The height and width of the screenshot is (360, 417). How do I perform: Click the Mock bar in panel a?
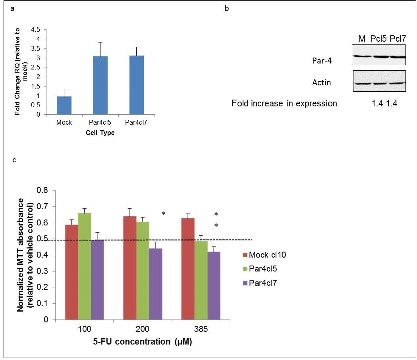click(64, 105)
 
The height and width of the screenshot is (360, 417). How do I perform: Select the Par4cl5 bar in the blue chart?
click(100, 85)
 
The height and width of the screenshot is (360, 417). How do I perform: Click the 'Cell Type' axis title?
click(100, 133)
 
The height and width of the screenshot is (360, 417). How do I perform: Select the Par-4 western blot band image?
click(378, 57)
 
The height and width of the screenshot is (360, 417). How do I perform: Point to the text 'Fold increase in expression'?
click(284, 104)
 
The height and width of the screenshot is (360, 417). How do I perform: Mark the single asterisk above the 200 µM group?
click(164, 214)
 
